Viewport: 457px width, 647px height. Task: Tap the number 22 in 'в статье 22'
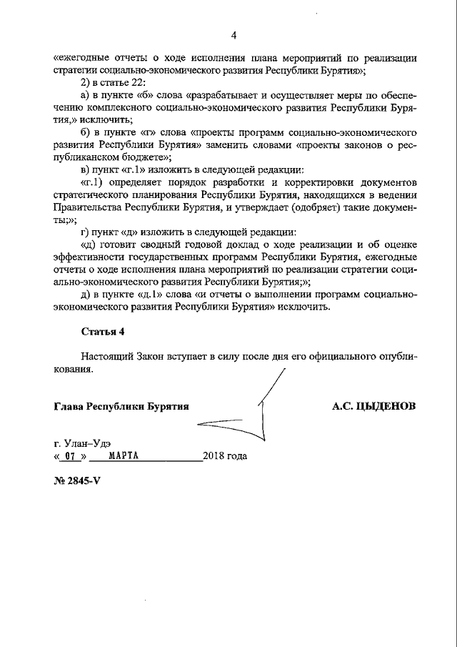pos(137,83)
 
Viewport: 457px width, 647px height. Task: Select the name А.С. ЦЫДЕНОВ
pos(373,405)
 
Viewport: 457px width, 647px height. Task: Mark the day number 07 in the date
pos(69,455)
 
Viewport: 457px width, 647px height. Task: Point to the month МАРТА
pos(124,455)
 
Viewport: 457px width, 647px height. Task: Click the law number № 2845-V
pos(77,480)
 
